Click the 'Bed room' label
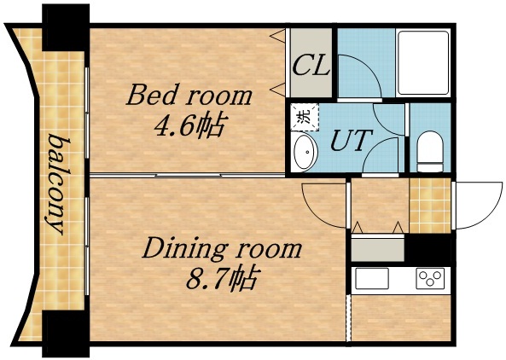coord(189,95)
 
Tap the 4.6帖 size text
coord(189,127)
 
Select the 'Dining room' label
coord(222,249)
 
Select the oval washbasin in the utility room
coord(305,154)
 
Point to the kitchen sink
coord(371,279)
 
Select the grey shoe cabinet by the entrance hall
coord(375,248)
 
